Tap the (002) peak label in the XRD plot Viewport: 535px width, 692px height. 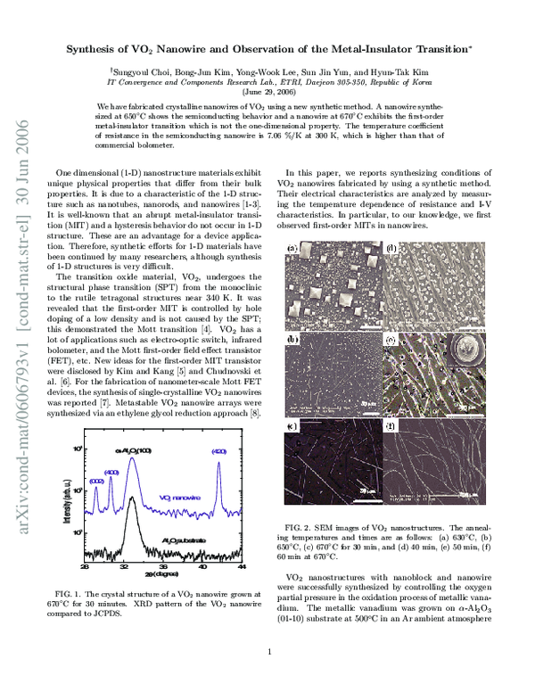pos(95,480)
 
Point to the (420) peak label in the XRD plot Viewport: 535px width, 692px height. pos(219,452)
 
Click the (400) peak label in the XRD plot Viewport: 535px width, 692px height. pos(111,472)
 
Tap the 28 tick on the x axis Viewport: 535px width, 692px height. pos(85,567)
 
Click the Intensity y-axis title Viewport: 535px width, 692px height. pos(56,504)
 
